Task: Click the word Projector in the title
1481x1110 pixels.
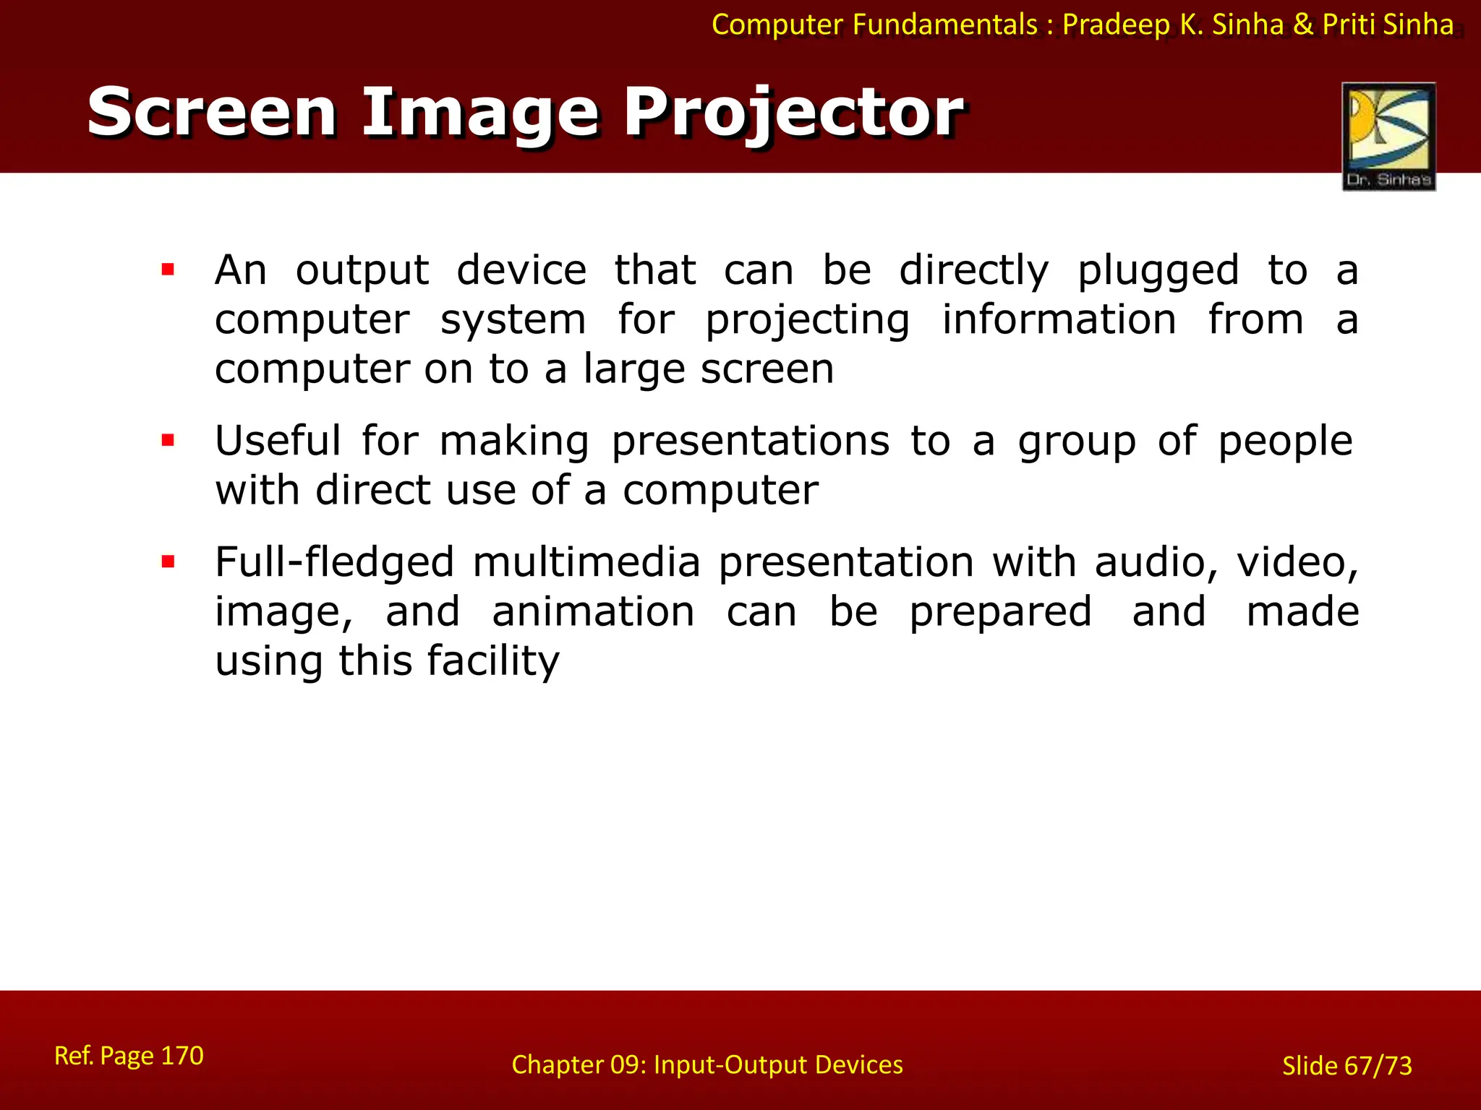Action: point(793,113)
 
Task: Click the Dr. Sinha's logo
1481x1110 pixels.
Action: point(1388,136)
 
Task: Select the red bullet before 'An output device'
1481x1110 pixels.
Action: point(168,270)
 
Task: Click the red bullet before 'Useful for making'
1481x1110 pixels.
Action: point(168,441)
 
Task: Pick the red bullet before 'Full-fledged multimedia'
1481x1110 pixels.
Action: point(168,562)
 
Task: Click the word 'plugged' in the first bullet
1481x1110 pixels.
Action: point(1158,272)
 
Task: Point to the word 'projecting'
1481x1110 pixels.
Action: point(807,321)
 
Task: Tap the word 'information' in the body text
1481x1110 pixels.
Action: point(1059,319)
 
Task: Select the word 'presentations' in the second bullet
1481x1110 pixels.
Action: point(750,442)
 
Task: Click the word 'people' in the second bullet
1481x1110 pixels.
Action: point(1285,442)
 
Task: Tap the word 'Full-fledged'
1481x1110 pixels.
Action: point(334,563)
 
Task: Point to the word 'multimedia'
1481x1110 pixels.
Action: point(586,562)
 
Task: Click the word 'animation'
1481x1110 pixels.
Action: point(593,611)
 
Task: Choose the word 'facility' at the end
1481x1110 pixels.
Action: point(493,661)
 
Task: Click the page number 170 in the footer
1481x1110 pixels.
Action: point(182,1055)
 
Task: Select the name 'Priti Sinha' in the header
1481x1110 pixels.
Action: point(1387,25)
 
